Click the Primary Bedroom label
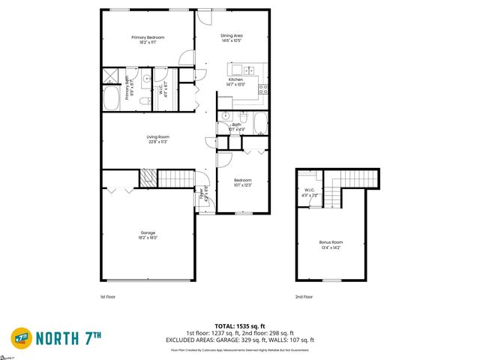[x=148, y=37]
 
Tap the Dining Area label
[x=232, y=35]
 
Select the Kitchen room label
[x=235, y=79]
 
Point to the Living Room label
[x=157, y=136]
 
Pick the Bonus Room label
[x=331, y=242]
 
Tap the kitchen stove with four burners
[x=264, y=88]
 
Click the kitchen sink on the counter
[x=251, y=70]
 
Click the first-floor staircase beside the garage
[x=177, y=179]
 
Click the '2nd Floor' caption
[x=304, y=297]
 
